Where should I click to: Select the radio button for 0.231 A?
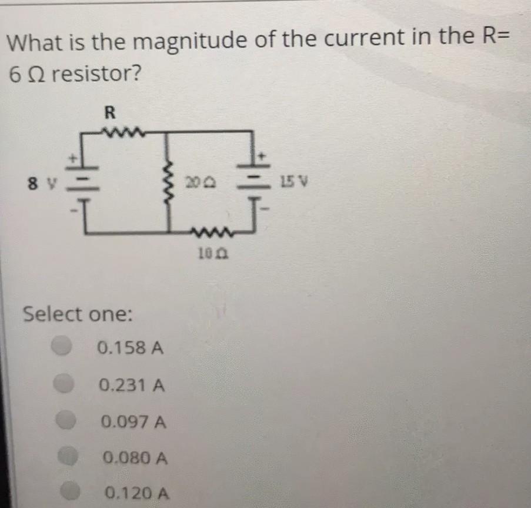(64, 385)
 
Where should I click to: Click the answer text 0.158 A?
(130, 348)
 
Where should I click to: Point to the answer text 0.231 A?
(132, 386)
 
